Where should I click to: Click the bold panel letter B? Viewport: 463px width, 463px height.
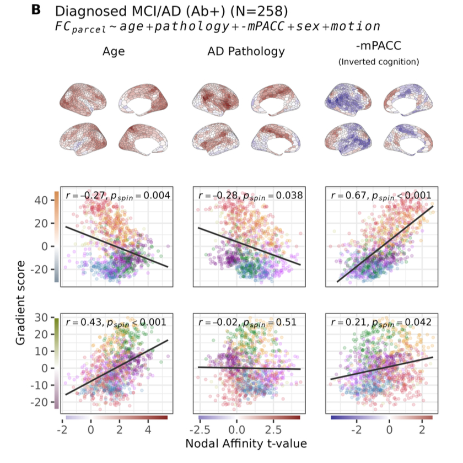click(x=37, y=10)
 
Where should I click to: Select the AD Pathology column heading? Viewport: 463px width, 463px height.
click(x=246, y=52)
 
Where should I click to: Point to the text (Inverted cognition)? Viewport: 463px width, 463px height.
click(x=378, y=62)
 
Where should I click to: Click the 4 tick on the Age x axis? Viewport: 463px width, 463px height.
click(x=148, y=428)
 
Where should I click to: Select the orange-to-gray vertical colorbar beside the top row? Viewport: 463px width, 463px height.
click(x=56, y=237)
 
